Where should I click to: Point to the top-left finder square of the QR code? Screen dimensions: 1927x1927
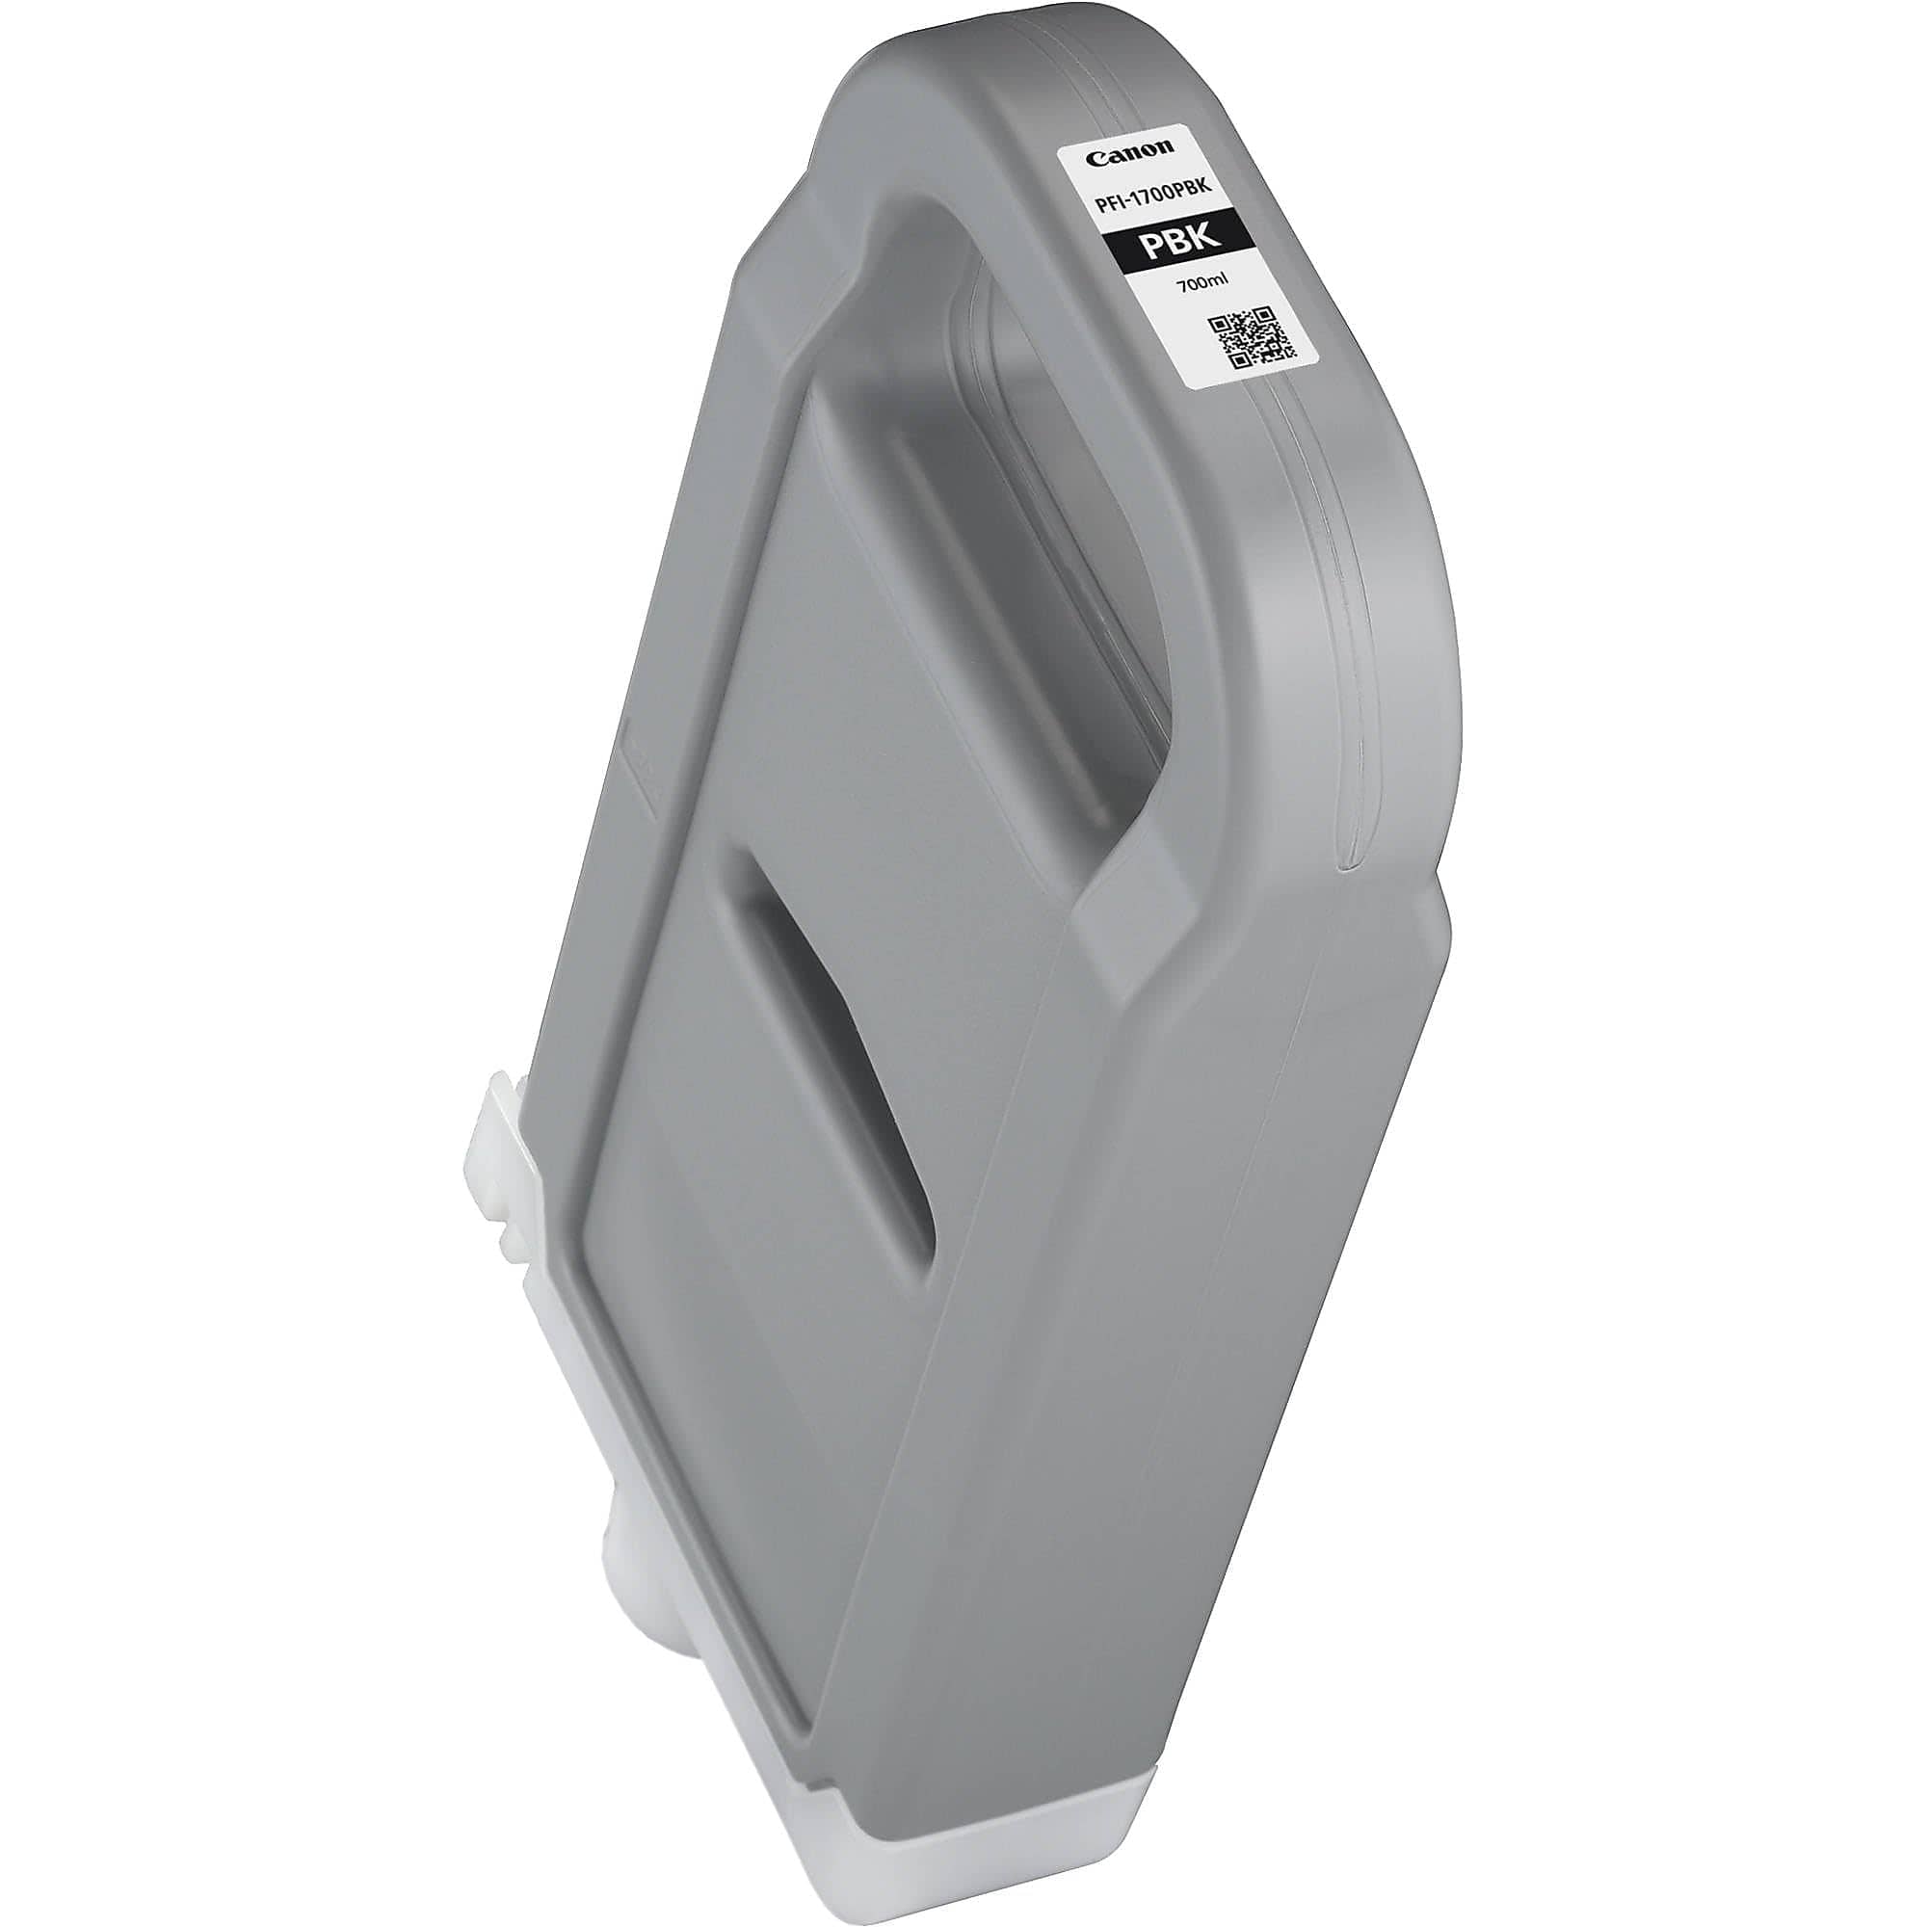1219,325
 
